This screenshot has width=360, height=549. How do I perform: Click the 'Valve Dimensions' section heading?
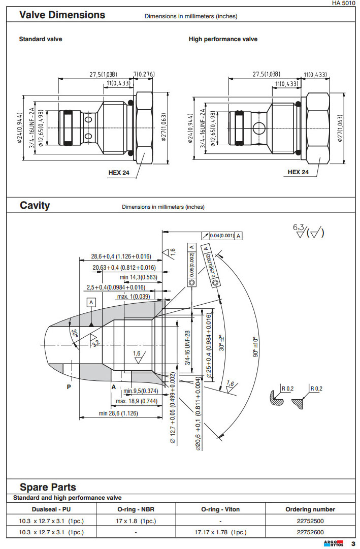coord(62,15)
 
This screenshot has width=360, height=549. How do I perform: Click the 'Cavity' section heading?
coord(35,205)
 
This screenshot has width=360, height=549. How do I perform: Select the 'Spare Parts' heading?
coord(48,487)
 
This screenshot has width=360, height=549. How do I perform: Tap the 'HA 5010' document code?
coord(343,4)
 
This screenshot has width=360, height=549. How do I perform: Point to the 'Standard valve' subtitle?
coord(41,39)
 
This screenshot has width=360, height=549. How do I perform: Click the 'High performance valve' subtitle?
coord(223,39)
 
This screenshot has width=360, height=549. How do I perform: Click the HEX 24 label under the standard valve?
coord(119,172)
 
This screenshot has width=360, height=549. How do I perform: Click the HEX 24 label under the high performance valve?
coord(298,172)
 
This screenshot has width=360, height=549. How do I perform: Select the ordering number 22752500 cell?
coord(310,521)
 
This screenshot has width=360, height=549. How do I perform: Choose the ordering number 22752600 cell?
coord(310,532)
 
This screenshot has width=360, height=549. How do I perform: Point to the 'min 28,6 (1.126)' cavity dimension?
coord(118,413)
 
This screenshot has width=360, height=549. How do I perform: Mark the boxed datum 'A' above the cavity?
coord(91,302)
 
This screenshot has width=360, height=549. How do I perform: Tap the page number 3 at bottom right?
coord(352,544)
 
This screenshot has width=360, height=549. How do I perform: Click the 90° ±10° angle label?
coord(255,346)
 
